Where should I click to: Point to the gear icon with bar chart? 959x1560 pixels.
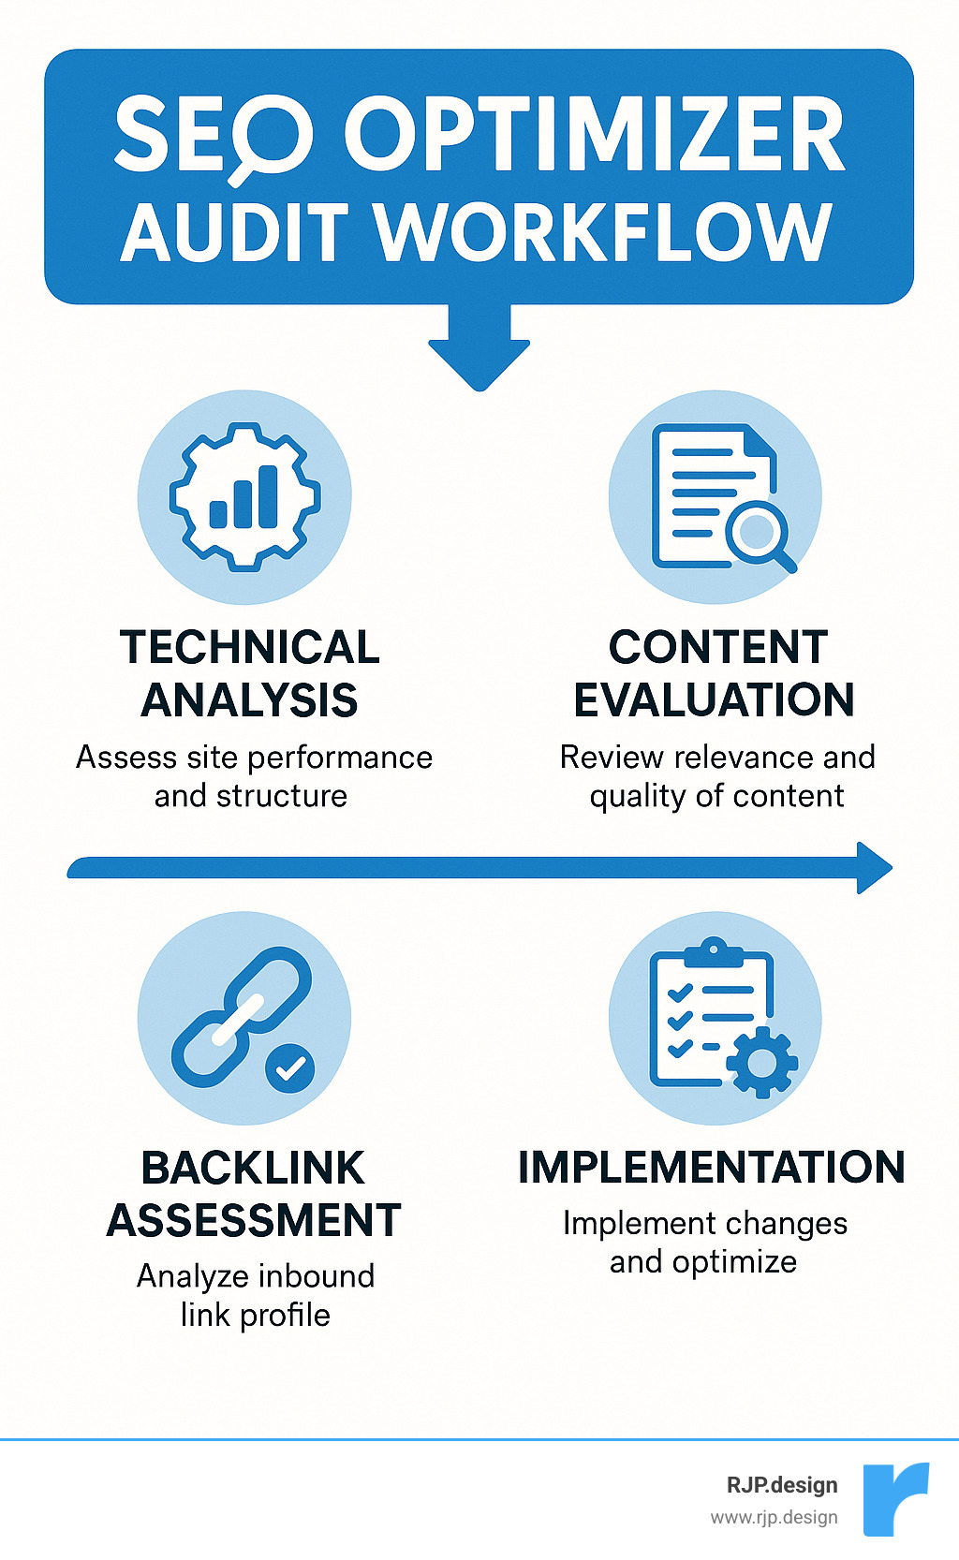click(244, 496)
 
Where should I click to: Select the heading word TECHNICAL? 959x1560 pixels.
click(249, 647)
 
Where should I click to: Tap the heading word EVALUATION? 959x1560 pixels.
click(714, 700)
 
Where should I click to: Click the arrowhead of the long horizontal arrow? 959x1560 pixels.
click(874, 868)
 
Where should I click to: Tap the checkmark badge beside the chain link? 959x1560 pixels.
click(290, 1067)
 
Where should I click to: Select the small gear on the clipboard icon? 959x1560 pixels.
click(762, 1063)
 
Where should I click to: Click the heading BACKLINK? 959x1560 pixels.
click(253, 1168)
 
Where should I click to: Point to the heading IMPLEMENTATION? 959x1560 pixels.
click(712, 1168)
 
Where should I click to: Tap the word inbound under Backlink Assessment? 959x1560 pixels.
click(316, 1276)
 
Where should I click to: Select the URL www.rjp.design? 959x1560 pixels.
click(774, 1518)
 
